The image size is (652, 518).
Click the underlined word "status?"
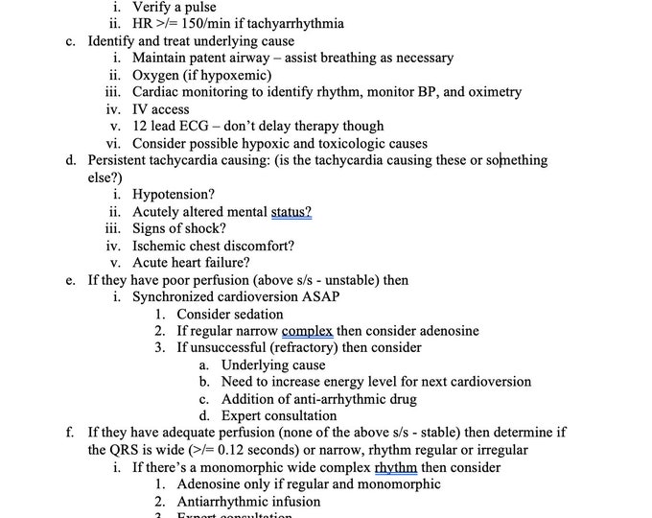pos(291,211)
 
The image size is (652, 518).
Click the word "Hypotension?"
pos(174,194)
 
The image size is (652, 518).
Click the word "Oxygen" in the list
pos(156,75)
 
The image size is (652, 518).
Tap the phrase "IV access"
pos(161,109)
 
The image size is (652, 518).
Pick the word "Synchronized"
pos(175,296)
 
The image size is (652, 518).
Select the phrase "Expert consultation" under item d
pos(279,415)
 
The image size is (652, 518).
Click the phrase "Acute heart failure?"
pos(191,262)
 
